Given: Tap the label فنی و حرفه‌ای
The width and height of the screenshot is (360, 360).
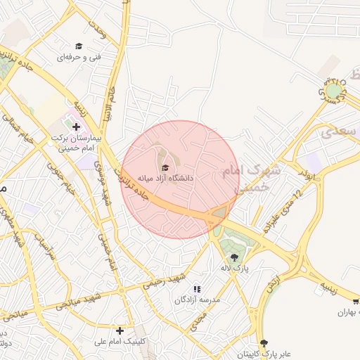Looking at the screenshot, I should click(x=79, y=56).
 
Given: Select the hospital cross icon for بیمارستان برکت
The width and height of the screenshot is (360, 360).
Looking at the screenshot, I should click(x=76, y=127).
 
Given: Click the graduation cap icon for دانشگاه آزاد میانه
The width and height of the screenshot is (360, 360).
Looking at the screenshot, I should click(x=165, y=167).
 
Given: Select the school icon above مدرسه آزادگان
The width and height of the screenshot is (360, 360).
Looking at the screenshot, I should click(x=197, y=289).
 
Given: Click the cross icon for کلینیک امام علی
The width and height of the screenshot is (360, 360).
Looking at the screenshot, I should click(x=120, y=330).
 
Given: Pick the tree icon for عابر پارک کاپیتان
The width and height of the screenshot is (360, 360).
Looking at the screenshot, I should click(x=264, y=343).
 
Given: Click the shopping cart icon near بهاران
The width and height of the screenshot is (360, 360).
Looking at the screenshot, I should click(x=356, y=301).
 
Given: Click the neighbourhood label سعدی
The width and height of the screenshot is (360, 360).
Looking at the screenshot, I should click(x=336, y=131).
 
